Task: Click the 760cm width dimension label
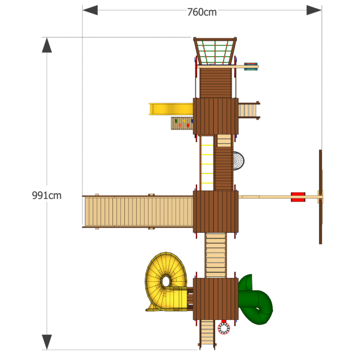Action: tap(202, 12)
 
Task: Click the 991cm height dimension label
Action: tap(47, 195)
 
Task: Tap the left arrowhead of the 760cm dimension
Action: tap(90, 10)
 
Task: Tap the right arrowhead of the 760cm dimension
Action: tap(314, 10)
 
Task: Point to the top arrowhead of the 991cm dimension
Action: tap(47, 45)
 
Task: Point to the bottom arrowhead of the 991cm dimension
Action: tap(47, 342)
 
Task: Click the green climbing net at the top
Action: tap(215, 52)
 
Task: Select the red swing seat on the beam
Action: tap(298, 197)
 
